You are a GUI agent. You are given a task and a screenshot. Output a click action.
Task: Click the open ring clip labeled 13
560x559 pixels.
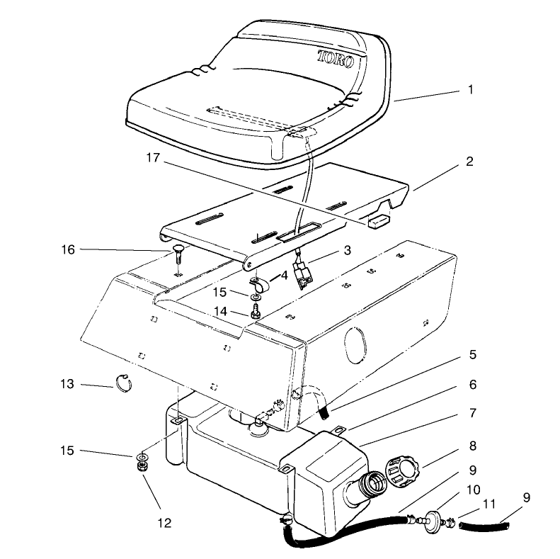[124, 384]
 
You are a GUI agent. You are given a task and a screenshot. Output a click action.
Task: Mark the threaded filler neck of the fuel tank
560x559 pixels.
[367, 487]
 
